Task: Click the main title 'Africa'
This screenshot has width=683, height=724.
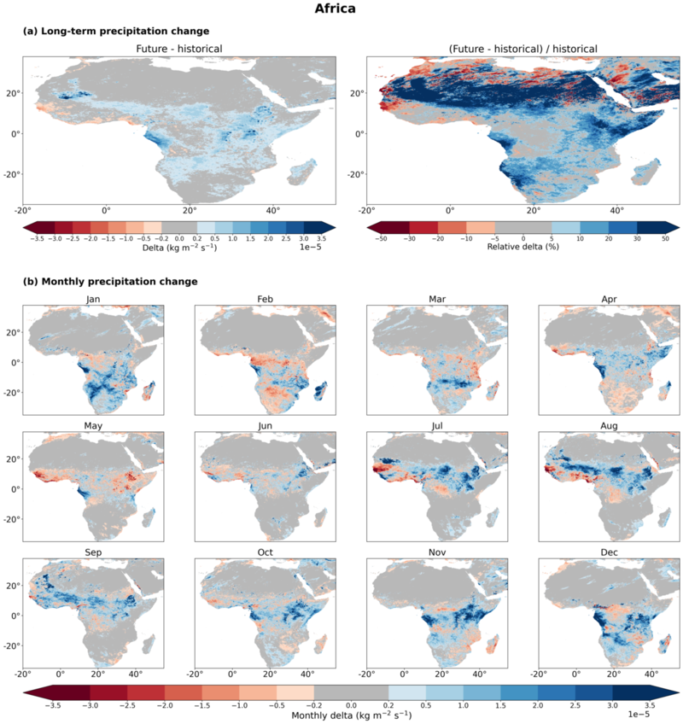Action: pyautogui.click(x=335, y=9)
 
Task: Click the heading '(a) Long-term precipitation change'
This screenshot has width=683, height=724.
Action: pyautogui.click(x=116, y=31)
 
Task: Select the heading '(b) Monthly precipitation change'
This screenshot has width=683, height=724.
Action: pyautogui.click(x=110, y=281)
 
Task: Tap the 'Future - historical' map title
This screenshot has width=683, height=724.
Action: pyautogui.click(x=179, y=49)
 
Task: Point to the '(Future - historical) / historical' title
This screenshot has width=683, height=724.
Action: pyautogui.click(x=523, y=49)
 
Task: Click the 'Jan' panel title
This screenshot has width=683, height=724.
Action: pyautogui.click(x=93, y=299)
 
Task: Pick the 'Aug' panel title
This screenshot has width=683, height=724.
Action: pyautogui.click(x=609, y=426)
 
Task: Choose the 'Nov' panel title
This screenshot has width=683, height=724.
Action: pyautogui.click(x=437, y=552)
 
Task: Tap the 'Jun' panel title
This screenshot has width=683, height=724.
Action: pyautogui.click(x=265, y=426)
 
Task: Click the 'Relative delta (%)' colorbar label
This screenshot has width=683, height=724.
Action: pyautogui.click(x=522, y=247)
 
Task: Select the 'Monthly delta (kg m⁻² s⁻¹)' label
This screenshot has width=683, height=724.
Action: pyautogui.click(x=352, y=715)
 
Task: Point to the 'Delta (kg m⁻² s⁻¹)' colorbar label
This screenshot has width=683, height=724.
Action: pyautogui.click(x=179, y=247)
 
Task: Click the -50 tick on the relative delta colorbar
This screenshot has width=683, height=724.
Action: pyautogui.click(x=381, y=239)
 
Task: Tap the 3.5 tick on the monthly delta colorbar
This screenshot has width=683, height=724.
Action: pyautogui.click(x=650, y=705)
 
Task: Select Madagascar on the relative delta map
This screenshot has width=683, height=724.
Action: pyautogui.click(x=646, y=172)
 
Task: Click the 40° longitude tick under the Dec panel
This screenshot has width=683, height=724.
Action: pyautogui.click(x=651, y=674)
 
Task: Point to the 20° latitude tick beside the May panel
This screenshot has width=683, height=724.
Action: pyautogui.click(x=14, y=459)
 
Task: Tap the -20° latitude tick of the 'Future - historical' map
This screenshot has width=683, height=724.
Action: pyautogui.click(x=13, y=174)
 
